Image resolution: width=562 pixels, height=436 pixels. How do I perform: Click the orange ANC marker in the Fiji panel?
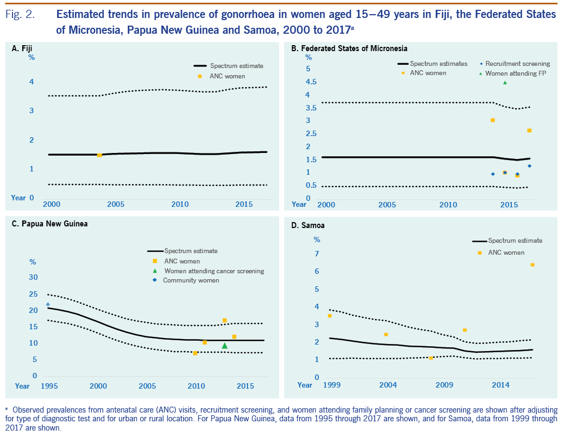100,155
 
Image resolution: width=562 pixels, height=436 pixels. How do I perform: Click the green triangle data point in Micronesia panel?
505,82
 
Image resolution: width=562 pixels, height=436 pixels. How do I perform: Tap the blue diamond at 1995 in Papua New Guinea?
48,304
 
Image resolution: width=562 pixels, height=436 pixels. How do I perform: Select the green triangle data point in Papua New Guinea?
225,345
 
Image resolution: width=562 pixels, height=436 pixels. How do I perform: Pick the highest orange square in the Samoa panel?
532,265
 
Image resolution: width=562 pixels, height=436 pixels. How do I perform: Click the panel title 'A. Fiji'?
22,49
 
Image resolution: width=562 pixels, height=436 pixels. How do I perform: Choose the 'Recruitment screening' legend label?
517,64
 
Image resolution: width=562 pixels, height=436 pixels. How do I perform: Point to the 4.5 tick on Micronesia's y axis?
308,82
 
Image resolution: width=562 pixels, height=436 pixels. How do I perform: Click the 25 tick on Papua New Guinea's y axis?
33,294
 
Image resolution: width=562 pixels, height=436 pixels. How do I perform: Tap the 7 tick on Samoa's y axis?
317,254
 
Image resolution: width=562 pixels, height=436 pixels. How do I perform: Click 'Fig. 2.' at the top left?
20,15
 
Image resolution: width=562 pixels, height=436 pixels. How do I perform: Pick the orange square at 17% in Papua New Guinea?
224,320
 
